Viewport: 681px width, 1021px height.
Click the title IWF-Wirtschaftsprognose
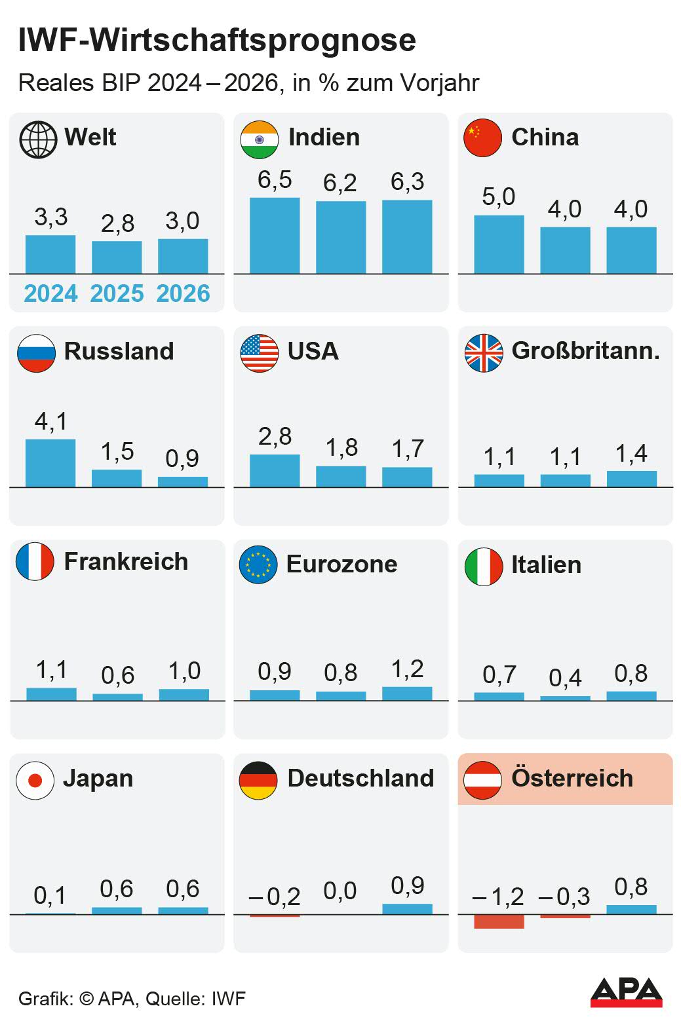[217, 41]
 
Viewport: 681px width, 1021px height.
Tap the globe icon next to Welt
[38, 139]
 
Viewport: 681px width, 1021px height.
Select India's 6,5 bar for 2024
[275, 235]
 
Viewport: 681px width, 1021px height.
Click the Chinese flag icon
[482, 138]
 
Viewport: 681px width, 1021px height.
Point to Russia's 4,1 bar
[50, 463]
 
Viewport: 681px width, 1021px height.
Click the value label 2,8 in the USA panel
[275, 436]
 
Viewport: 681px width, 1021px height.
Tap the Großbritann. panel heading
[585, 351]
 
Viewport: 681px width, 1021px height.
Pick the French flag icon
[35, 562]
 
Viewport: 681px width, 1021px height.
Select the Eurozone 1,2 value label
[407, 669]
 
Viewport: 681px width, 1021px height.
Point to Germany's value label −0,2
[275, 896]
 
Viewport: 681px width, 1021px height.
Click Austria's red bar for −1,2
[499, 921]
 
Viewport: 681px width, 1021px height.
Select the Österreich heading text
[572, 778]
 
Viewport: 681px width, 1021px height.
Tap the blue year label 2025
[117, 293]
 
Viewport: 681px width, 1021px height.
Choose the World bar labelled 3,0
[183, 256]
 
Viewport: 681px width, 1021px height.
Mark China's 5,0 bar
[499, 244]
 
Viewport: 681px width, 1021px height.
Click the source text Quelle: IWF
[195, 999]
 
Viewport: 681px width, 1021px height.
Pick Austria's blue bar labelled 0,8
[631, 909]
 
